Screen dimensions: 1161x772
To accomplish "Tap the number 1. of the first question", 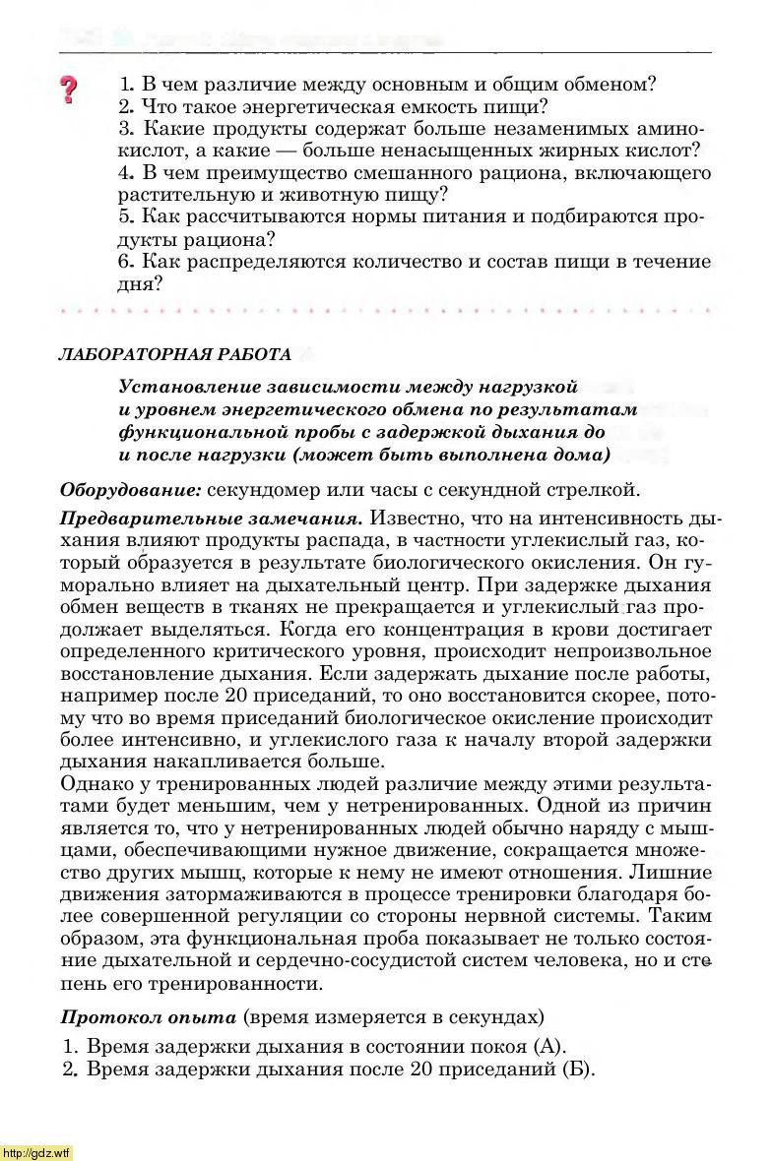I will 126,85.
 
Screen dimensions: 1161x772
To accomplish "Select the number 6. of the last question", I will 126,262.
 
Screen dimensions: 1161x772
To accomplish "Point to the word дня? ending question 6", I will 140,283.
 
